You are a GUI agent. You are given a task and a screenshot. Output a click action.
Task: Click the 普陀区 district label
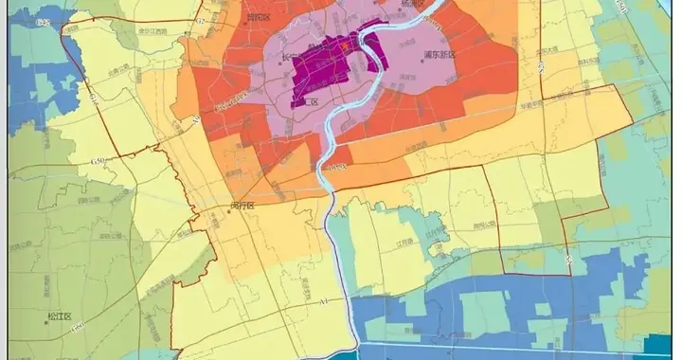click(x=257, y=16)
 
